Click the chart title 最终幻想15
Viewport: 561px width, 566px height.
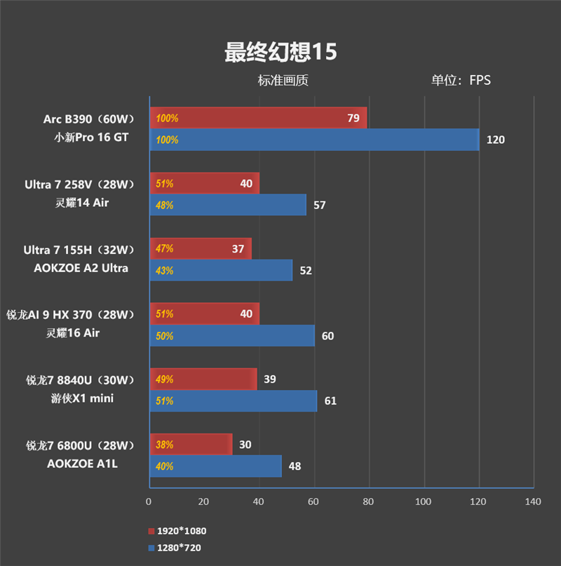pos(280,52)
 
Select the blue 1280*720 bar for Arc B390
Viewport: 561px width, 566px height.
pos(314,140)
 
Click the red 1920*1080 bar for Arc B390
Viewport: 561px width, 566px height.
pos(258,119)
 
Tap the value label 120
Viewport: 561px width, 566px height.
pos(495,140)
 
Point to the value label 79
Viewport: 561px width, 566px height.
pos(353,119)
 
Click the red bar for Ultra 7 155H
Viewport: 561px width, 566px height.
pos(201,249)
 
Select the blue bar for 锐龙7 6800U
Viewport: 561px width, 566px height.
pos(215,466)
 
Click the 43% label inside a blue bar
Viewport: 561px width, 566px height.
pos(164,271)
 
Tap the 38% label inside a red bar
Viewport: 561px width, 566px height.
pos(164,445)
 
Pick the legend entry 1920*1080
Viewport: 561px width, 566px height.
pos(181,531)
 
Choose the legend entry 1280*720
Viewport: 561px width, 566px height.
pos(179,547)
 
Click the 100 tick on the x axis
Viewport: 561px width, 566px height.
pos(423,501)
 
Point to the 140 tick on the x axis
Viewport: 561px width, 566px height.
pos(533,501)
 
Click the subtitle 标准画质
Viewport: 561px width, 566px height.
pos(283,80)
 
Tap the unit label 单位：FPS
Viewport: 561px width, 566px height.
pos(461,80)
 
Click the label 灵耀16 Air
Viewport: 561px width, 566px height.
pos(78,332)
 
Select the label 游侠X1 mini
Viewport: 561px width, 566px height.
pos(84,398)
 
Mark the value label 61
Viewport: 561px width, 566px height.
pos(330,401)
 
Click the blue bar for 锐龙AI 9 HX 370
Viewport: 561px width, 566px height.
pos(232,336)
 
